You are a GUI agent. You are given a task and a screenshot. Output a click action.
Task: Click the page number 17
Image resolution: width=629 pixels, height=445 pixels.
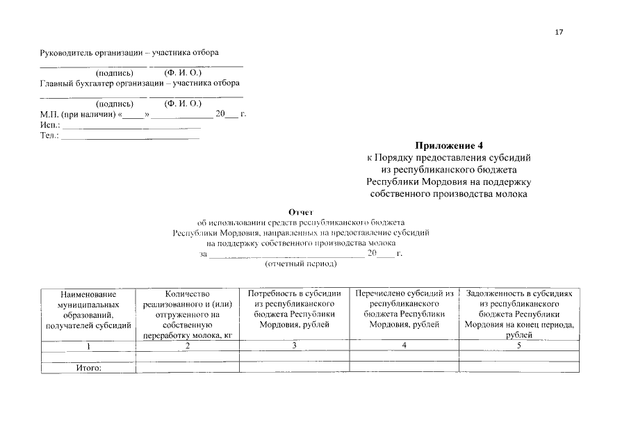coord(559,32)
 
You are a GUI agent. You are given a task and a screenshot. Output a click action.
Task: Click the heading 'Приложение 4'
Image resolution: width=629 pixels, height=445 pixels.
coord(448,146)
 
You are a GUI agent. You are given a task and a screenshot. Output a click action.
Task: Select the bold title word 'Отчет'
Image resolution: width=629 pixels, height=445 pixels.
coord(301,212)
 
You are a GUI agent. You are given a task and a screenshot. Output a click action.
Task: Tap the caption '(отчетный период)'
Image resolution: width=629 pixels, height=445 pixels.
coord(301,264)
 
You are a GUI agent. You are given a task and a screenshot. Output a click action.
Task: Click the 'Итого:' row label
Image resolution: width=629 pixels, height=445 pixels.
coord(88,368)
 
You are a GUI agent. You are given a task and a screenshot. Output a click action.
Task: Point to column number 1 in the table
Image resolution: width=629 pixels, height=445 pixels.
coord(88,346)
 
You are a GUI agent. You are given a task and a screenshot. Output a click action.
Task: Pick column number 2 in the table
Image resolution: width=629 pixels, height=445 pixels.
coord(187,346)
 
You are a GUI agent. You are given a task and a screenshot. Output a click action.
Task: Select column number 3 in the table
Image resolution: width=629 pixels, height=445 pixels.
coord(294,346)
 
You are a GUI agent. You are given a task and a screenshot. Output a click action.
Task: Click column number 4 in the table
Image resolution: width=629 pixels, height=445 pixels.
coord(404,346)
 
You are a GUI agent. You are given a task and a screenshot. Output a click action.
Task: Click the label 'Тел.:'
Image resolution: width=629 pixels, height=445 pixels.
coord(50,136)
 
